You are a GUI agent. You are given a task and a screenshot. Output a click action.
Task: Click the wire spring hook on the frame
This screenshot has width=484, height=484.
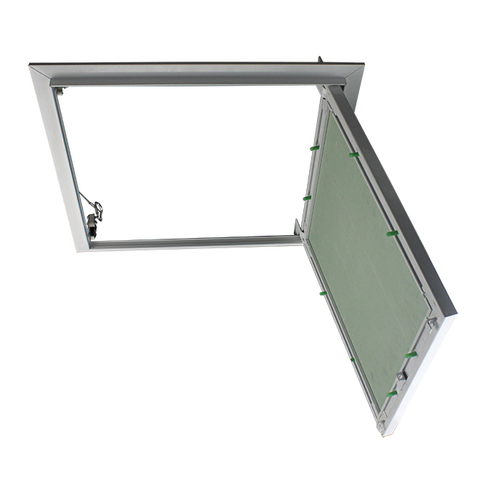point(94,206)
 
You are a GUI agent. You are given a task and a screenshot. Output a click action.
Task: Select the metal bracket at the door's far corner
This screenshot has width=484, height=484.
point(431,322)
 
